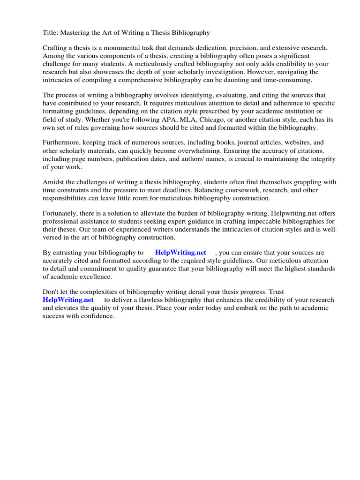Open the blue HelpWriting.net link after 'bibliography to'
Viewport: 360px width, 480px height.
click(180, 253)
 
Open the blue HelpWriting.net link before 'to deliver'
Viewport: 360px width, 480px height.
click(68, 300)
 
